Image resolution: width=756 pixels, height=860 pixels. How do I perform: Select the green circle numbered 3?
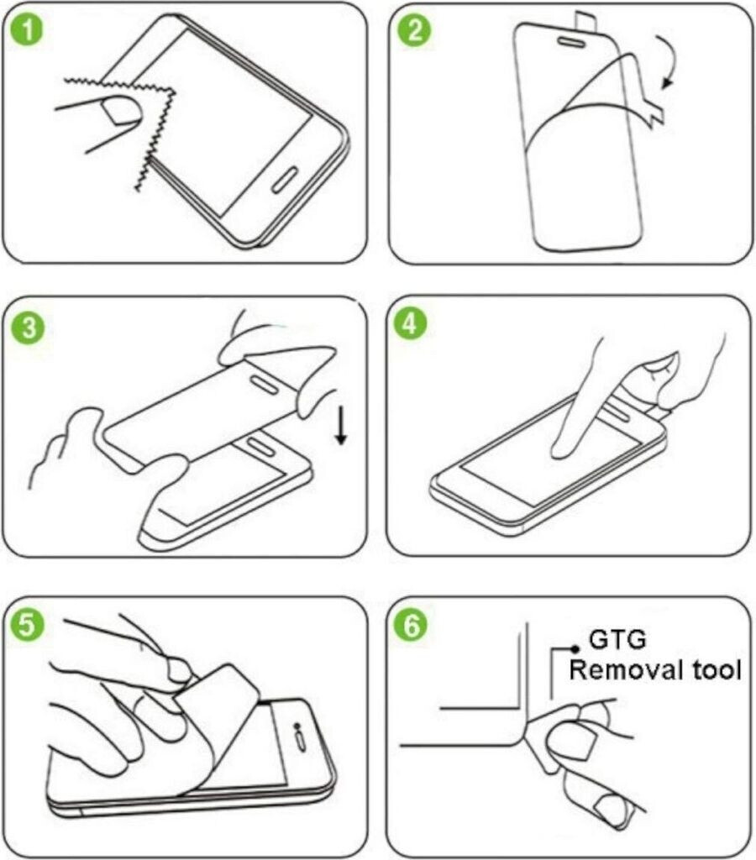[29, 328]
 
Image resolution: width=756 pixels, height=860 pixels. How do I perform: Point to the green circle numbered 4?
[410, 323]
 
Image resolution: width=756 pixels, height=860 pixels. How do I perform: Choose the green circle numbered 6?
[412, 625]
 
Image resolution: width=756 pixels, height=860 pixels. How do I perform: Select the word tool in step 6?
[717, 670]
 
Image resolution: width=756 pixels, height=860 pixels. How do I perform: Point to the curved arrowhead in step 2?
[667, 82]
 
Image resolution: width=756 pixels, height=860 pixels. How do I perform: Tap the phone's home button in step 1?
[284, 180]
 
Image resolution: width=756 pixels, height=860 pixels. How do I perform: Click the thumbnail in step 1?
[122, 109]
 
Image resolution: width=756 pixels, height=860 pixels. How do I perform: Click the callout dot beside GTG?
[575, 649]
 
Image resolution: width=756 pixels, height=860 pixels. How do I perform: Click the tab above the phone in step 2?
[585, 20]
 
